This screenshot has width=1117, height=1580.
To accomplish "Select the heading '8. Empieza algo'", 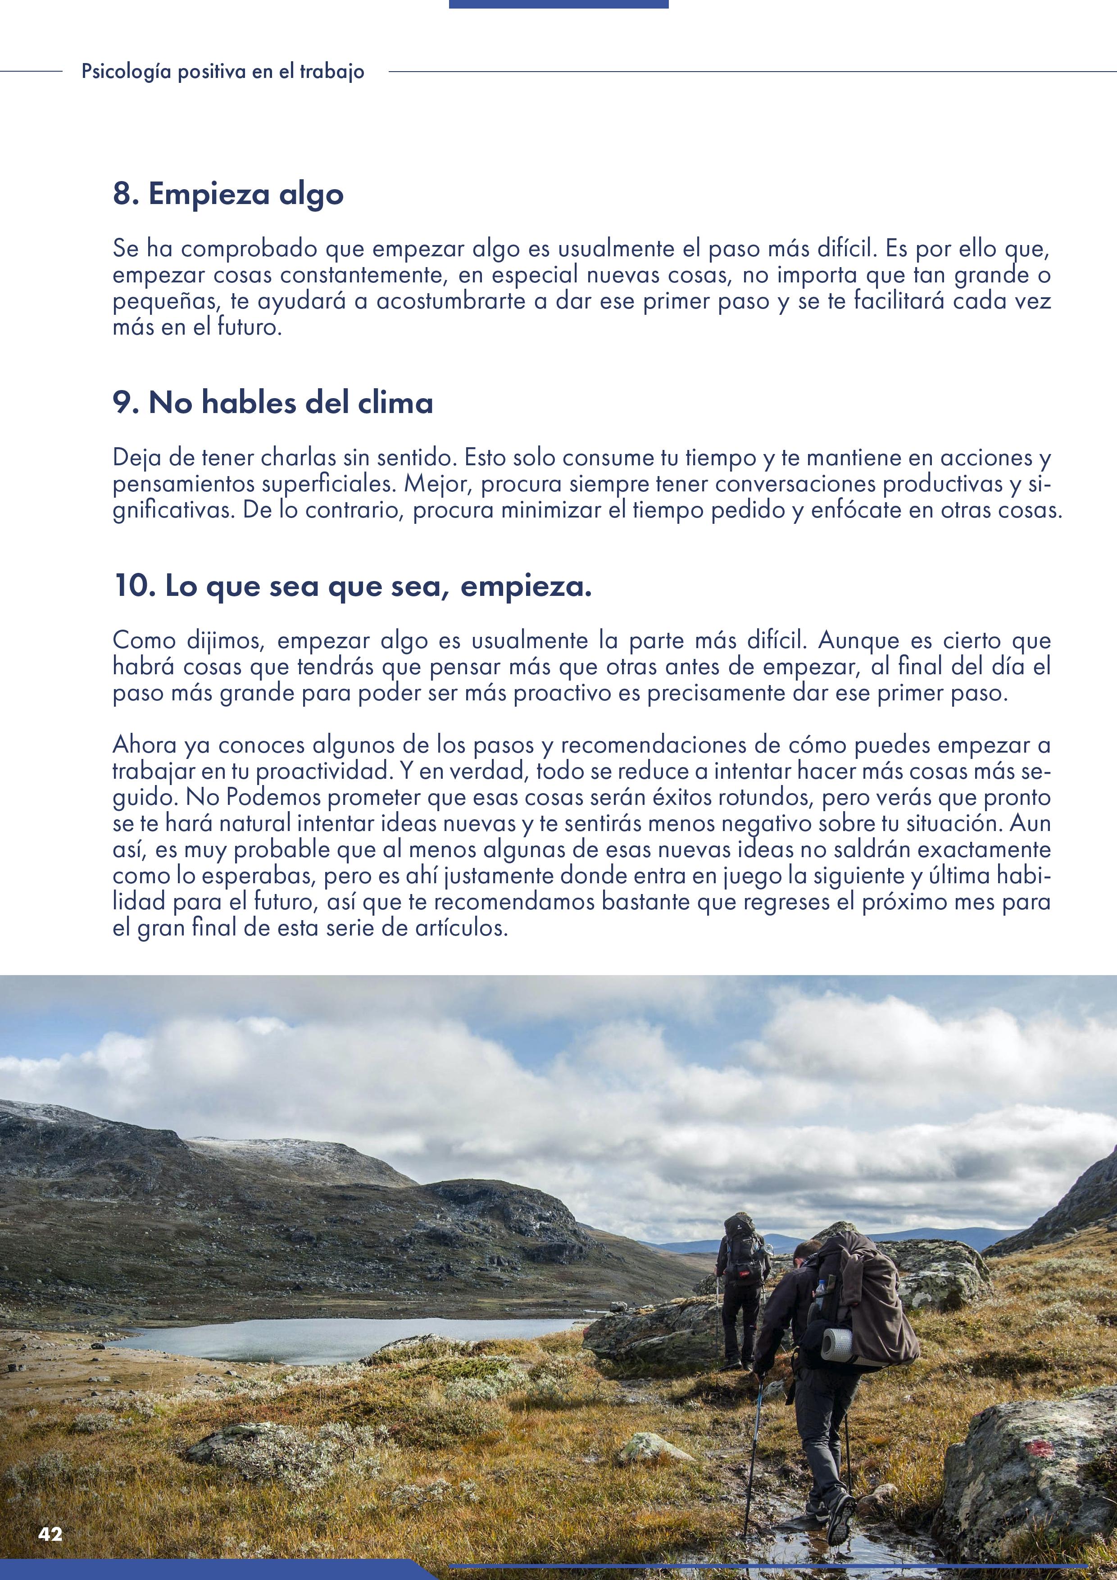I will (x=228, y=195).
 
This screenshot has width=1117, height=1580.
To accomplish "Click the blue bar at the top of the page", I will (x=558, y=4).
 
